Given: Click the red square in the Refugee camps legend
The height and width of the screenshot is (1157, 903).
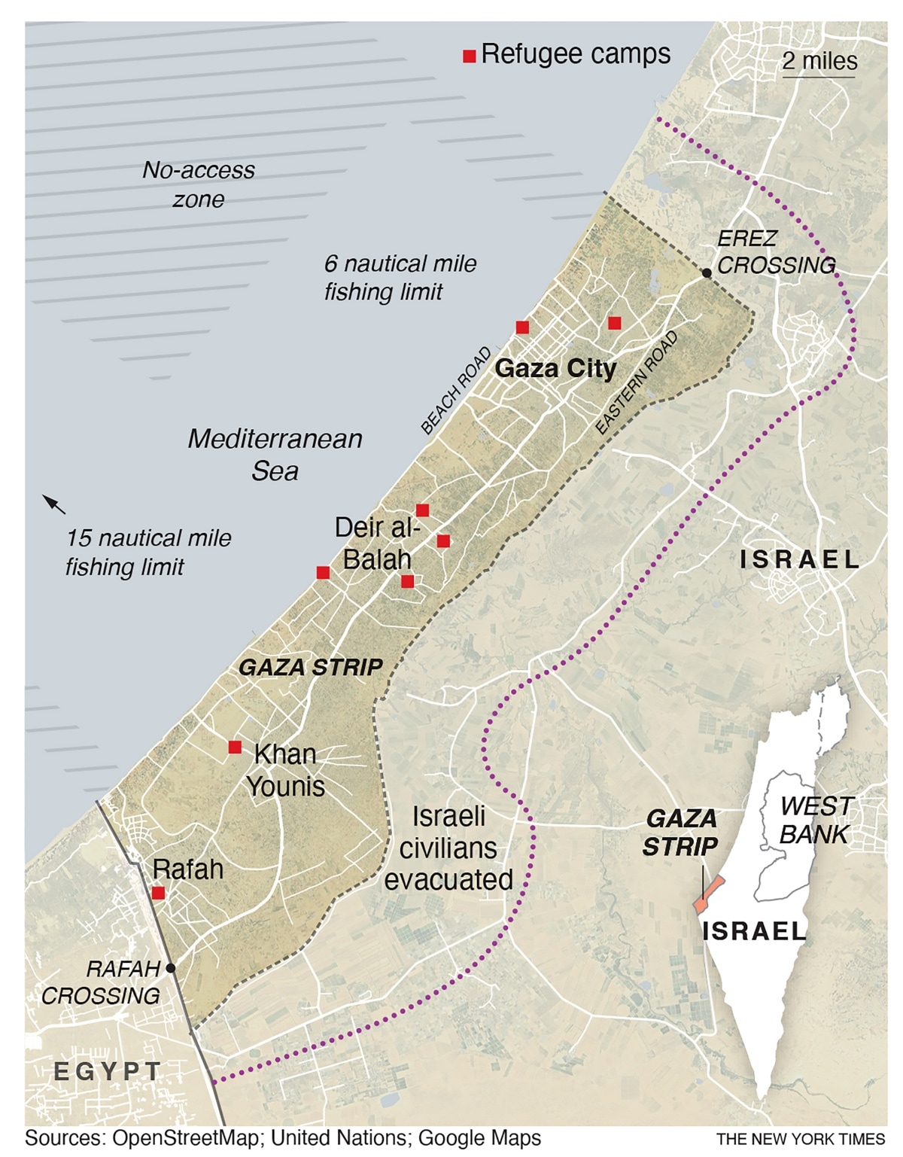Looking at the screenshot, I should [x=469, y=56].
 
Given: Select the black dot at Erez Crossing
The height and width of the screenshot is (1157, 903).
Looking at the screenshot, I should [x=707, y=273].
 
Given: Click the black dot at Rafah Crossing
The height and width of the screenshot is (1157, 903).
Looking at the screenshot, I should [x=171, y=968].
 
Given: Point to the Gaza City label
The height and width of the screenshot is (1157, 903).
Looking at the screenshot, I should [x=555, y=368].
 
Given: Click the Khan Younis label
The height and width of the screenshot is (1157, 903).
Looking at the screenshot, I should [x=286, y=769].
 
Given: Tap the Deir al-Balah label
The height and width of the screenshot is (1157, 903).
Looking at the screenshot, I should [x=377, y=543].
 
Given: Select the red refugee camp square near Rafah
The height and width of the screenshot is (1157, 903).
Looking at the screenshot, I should [x=158, y=893].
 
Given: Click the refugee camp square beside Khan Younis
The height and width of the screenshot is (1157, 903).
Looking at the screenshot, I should [x=235, y=747].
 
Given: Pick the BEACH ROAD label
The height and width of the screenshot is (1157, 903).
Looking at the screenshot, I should [x=456, y=391].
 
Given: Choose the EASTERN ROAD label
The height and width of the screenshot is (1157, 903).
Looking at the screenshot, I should [x=637, y=382].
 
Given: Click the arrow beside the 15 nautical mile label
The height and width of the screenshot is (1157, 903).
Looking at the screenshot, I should [x=53, y=504].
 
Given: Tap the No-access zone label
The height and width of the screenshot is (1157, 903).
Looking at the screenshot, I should [x=199, y=184].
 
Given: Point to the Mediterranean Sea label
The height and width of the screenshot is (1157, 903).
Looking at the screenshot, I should [x=275, y=455].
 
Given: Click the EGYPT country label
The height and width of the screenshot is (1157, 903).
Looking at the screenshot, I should [x=108, y=1071].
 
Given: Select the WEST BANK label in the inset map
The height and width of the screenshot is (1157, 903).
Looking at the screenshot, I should [x=814, y=820].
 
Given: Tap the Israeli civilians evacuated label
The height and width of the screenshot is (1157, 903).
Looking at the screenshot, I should [x=448, y=848].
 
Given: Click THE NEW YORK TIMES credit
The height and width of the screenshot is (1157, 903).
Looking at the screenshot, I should [x=801, y=1139].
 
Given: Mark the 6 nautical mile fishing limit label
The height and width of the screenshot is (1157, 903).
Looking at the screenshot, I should [x=400, y=278].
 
